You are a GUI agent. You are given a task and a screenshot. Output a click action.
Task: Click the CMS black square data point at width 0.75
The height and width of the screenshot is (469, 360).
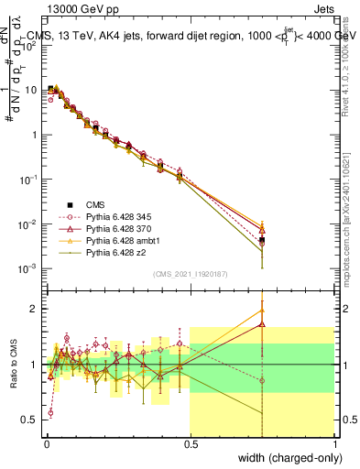[262, 240]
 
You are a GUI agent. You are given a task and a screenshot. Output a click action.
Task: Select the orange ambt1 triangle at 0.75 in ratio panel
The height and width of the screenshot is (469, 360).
[262, 311]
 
